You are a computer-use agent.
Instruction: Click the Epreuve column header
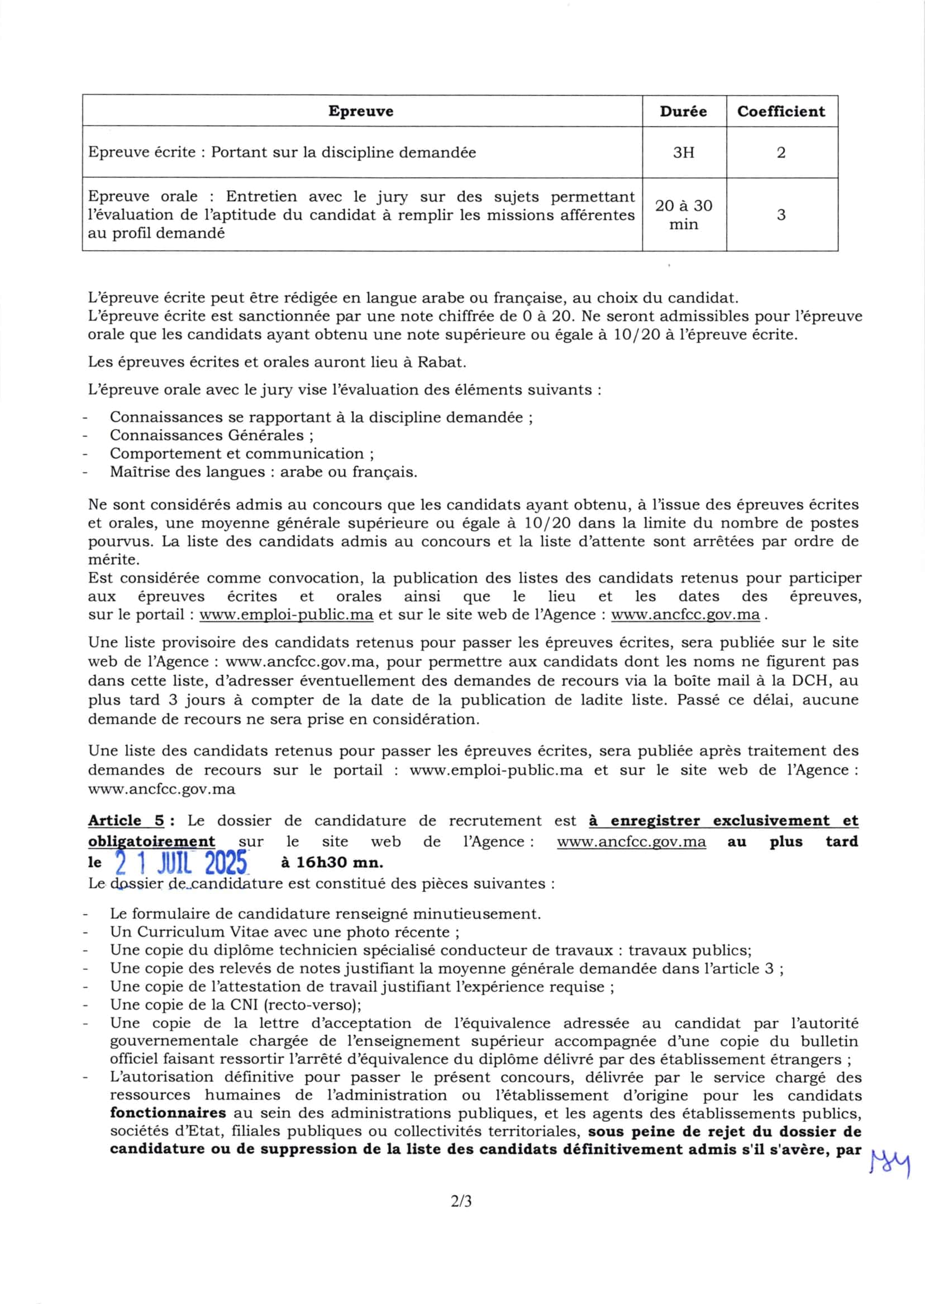360,111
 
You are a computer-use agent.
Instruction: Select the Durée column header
683,111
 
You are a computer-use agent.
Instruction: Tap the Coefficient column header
781,111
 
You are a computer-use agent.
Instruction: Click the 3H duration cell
683,153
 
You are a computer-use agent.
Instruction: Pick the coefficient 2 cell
781,153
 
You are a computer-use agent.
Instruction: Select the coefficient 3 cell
781,215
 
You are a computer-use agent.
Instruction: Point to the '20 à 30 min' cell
683,215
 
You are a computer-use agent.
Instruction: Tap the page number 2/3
461,1201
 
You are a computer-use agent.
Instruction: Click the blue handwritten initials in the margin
890,1163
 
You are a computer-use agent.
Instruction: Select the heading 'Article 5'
125,821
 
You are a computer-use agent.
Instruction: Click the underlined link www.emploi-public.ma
287,615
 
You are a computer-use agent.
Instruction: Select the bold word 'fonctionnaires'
168,1113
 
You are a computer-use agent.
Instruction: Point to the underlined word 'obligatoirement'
151,841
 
